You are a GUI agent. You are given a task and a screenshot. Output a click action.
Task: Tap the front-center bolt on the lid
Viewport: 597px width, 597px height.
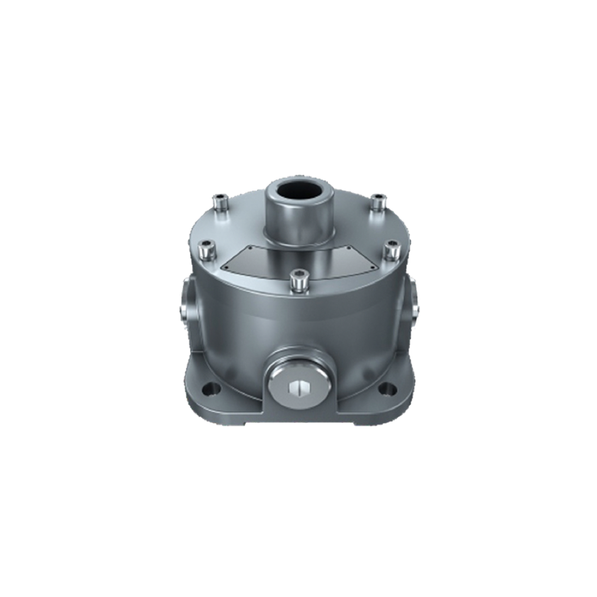(298, 280)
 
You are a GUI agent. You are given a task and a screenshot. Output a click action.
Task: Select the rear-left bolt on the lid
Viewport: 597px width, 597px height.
(219, 203)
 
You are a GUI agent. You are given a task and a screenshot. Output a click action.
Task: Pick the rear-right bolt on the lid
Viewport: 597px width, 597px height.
(379, 202)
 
